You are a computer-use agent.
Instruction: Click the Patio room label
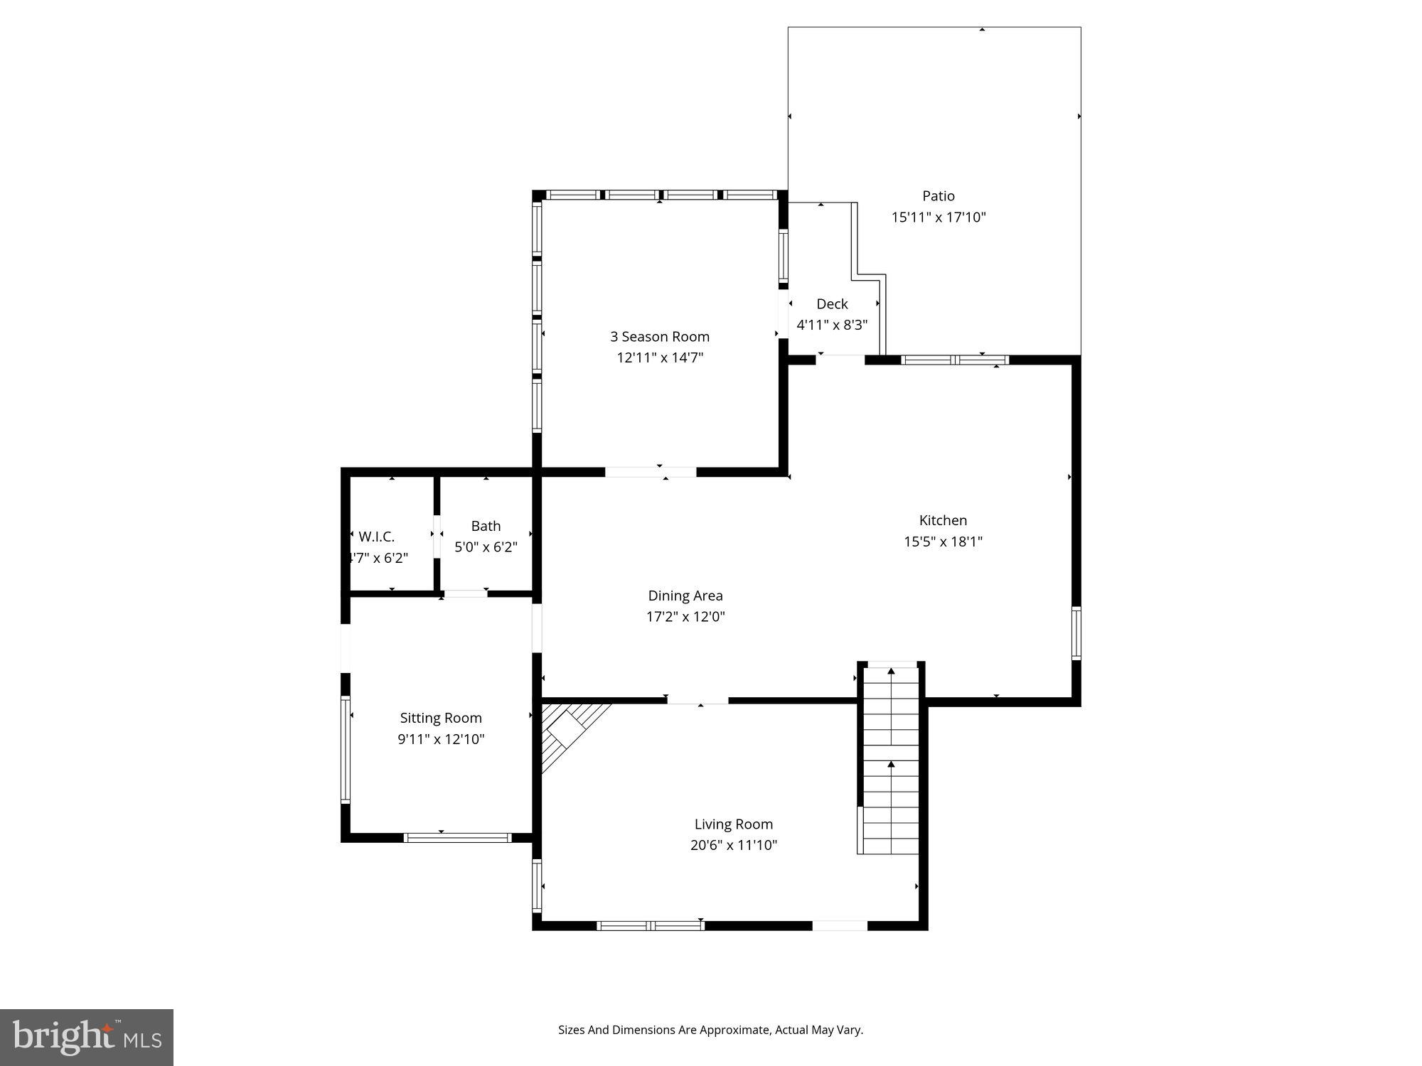click(x=938, y=196)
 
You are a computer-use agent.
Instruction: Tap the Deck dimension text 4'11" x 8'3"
click(x=832, y=325)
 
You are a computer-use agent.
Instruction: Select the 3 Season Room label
click(x=659, y=337)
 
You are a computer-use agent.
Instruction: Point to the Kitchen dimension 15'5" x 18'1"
click(x=943, y=542)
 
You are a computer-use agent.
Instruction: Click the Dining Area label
click(x=685, y=596)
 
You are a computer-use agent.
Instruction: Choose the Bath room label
click(x=486, y=526)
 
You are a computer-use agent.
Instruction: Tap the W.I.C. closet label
click(x=376, y=537)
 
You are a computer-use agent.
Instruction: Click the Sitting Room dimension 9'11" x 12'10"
click(x=441, y=739)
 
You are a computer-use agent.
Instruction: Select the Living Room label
click(x=733, y=824)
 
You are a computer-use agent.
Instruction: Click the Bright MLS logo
click(x=87, y=1037)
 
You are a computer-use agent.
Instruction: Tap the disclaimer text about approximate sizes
click(x=710, y=1030)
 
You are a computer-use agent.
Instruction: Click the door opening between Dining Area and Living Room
click(x=697, y=701)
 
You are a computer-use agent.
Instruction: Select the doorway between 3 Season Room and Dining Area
click(x=650, y=472)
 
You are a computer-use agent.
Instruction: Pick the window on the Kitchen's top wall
click(x=954, y=360)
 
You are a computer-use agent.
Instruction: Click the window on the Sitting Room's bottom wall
click(x=457, y=838)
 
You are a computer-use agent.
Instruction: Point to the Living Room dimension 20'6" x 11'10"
click(x=733, y=846)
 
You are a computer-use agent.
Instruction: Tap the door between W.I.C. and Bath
click(x=437, y=534)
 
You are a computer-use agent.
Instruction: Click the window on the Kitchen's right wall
click(x=1076, y=632)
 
